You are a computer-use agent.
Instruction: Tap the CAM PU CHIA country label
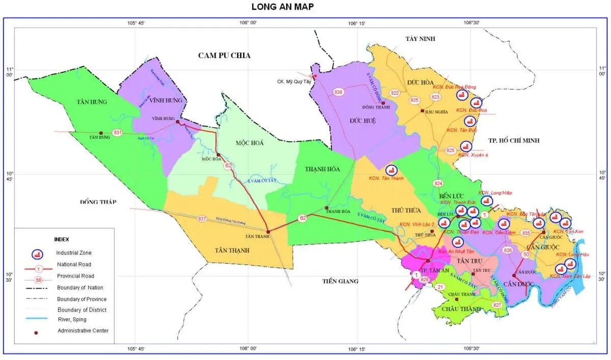pos(225,56)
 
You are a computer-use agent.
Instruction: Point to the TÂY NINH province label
pos(421,39)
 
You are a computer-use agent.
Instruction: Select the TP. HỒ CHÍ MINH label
pos(514,141)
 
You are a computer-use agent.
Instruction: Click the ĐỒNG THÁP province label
pos(98,202)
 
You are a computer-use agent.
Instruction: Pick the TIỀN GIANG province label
pos(341,281)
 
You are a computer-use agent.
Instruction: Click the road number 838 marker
pos(339,92)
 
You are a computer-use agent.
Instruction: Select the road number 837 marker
pos(202,218)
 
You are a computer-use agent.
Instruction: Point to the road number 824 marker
pos(439,183)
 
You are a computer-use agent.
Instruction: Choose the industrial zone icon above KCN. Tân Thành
pos(392,170)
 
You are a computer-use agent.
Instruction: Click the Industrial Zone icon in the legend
pos(37,254)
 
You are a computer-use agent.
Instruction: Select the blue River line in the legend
pos(37,319)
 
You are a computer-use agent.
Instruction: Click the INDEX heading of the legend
pos(61,239)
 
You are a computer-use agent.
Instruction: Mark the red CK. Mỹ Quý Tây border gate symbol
pos(314,76)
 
